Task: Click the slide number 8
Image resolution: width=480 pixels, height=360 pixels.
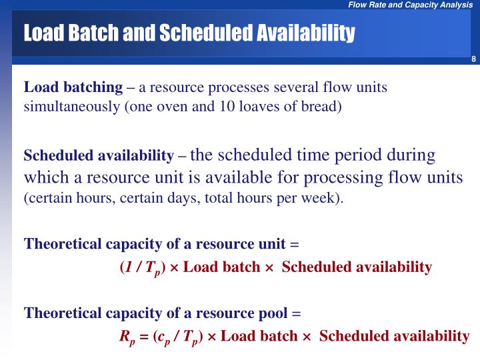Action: [x=473, y=61]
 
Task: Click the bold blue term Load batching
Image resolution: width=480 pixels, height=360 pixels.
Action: [x=73, y=87]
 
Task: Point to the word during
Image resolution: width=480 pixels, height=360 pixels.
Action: [x=414, y=155]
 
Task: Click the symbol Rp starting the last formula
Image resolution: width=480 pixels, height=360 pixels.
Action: [x=127, y=337]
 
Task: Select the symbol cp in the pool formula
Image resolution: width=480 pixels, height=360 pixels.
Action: [x=165, y=337]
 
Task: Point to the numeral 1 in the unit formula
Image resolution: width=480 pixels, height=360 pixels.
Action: [x=128, y=267]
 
